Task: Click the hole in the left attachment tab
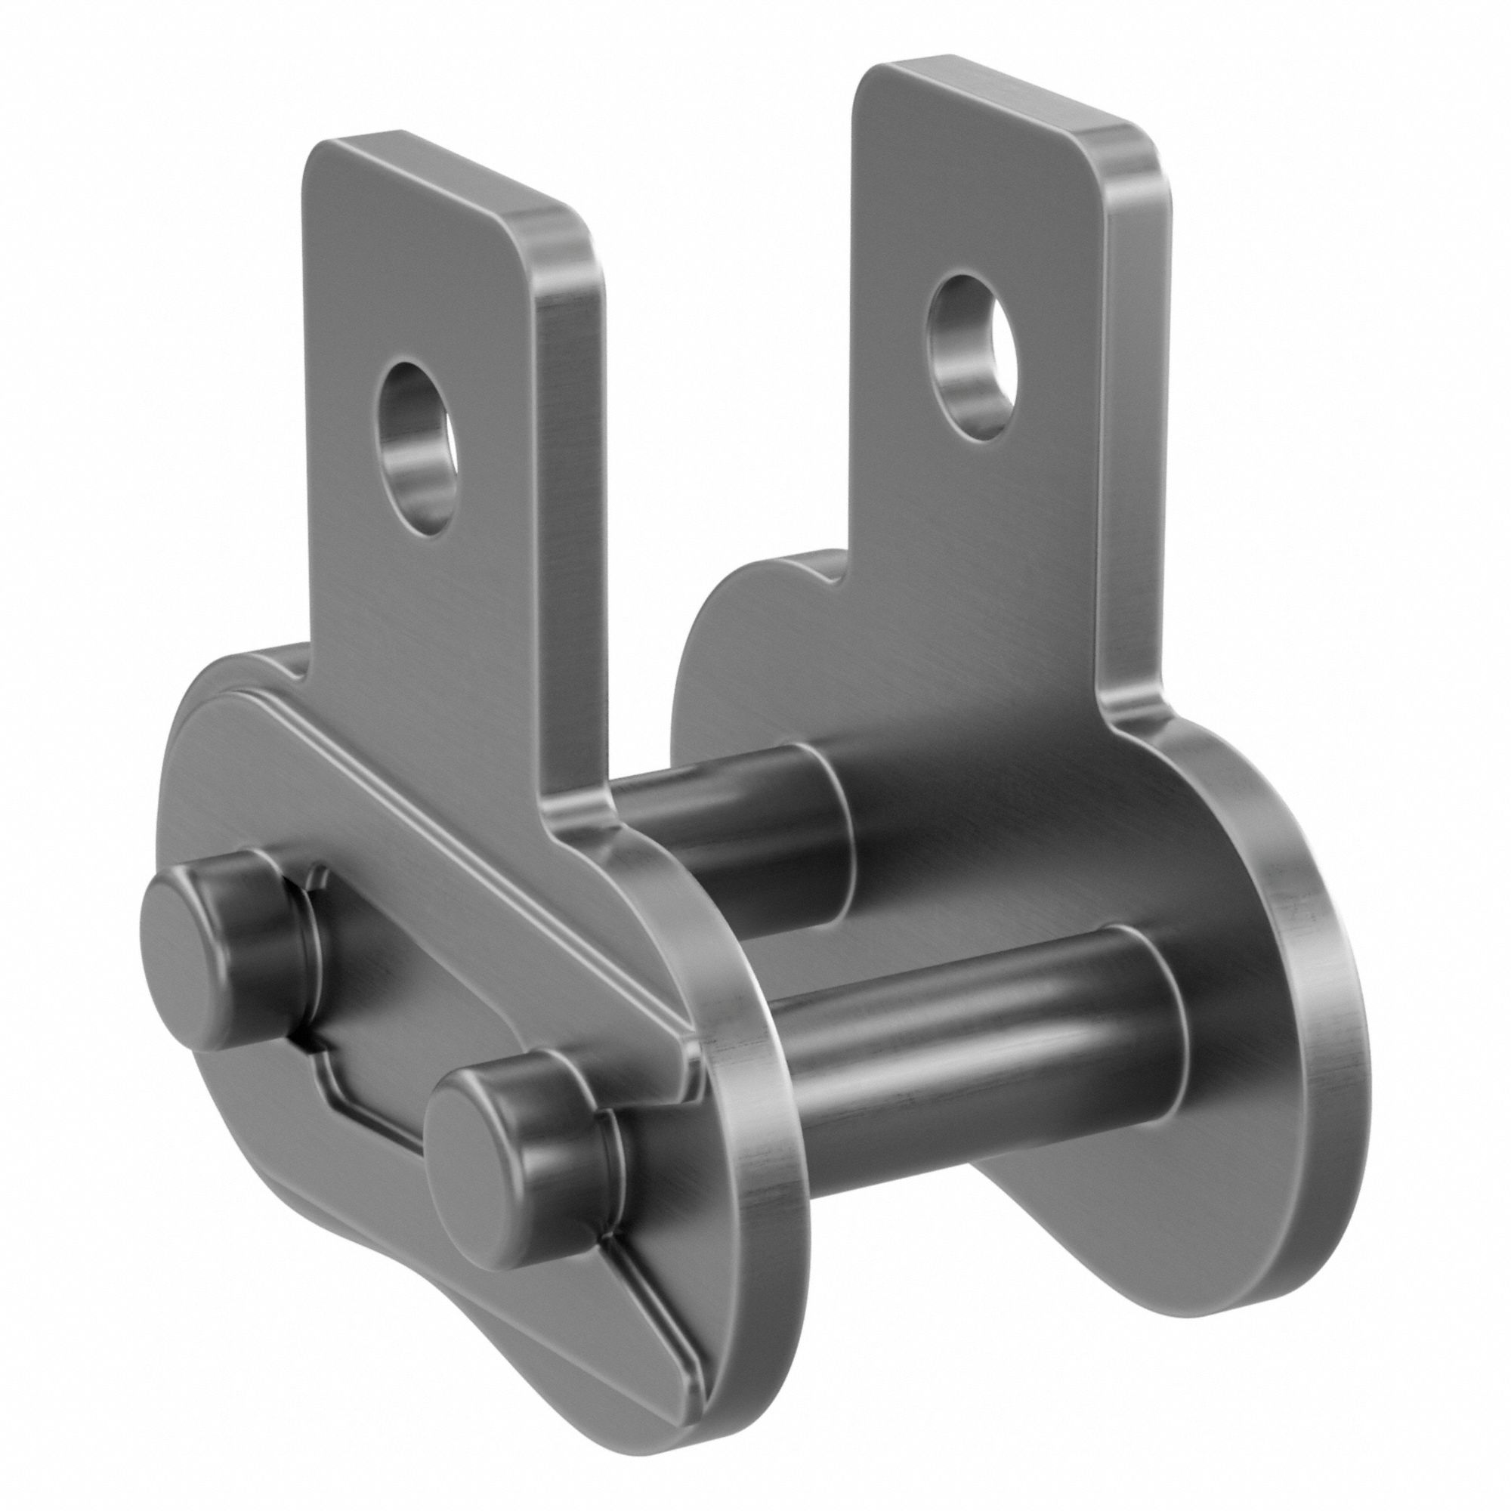point(417,447)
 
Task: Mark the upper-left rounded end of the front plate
point(196,751)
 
